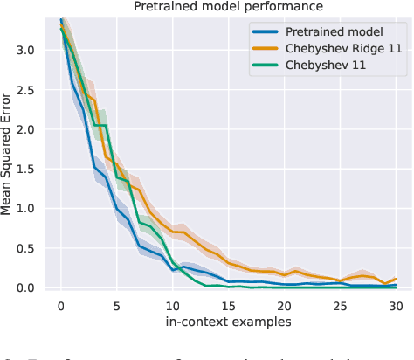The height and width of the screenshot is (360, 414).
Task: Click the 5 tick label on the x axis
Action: coord(116,305)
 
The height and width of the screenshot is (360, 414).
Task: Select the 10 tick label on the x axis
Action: coord(172,305)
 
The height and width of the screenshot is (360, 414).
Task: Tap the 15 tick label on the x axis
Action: coord(228,305)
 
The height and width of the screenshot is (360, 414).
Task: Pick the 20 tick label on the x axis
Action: coord(285,305)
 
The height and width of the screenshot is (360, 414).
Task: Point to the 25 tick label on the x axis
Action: coord(341,305)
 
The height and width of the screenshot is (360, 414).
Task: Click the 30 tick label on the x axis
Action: coord(397,305)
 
